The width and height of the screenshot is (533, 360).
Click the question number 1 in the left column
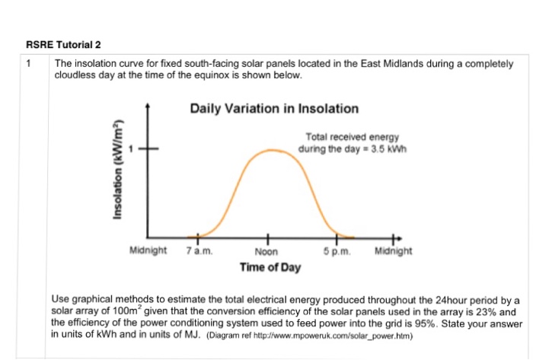coord(30,65)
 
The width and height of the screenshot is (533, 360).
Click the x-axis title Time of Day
coord(270,267)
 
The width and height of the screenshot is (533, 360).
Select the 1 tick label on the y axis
coord(130,149)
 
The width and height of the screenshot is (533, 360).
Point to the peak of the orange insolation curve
coord(268,150)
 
